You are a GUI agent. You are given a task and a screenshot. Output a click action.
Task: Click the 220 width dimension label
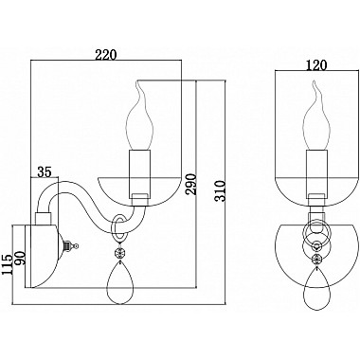tap(106, 55)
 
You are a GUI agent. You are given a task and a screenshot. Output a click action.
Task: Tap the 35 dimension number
tap(45, 172)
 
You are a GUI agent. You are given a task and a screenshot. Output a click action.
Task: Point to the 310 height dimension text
tap(220, 190)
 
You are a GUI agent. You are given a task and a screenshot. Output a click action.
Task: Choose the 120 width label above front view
tap(316, 65)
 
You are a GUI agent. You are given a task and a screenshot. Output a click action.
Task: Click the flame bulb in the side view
tap(138, 116)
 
